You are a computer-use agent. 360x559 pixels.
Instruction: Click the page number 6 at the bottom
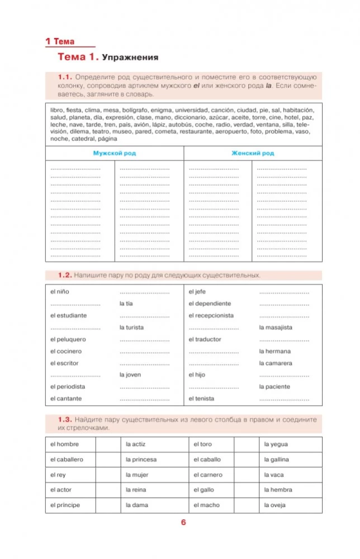tap(183, 523)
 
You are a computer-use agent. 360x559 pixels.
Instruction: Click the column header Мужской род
tap(114, 153)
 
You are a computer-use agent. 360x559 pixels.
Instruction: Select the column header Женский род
tap(253, 153)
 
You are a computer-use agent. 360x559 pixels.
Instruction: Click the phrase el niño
tap(60, 292)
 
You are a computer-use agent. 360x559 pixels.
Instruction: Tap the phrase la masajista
tap(276, 328)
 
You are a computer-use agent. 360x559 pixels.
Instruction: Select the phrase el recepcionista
tap(211, 315)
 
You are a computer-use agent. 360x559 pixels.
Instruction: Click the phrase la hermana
tap(274, 351)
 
